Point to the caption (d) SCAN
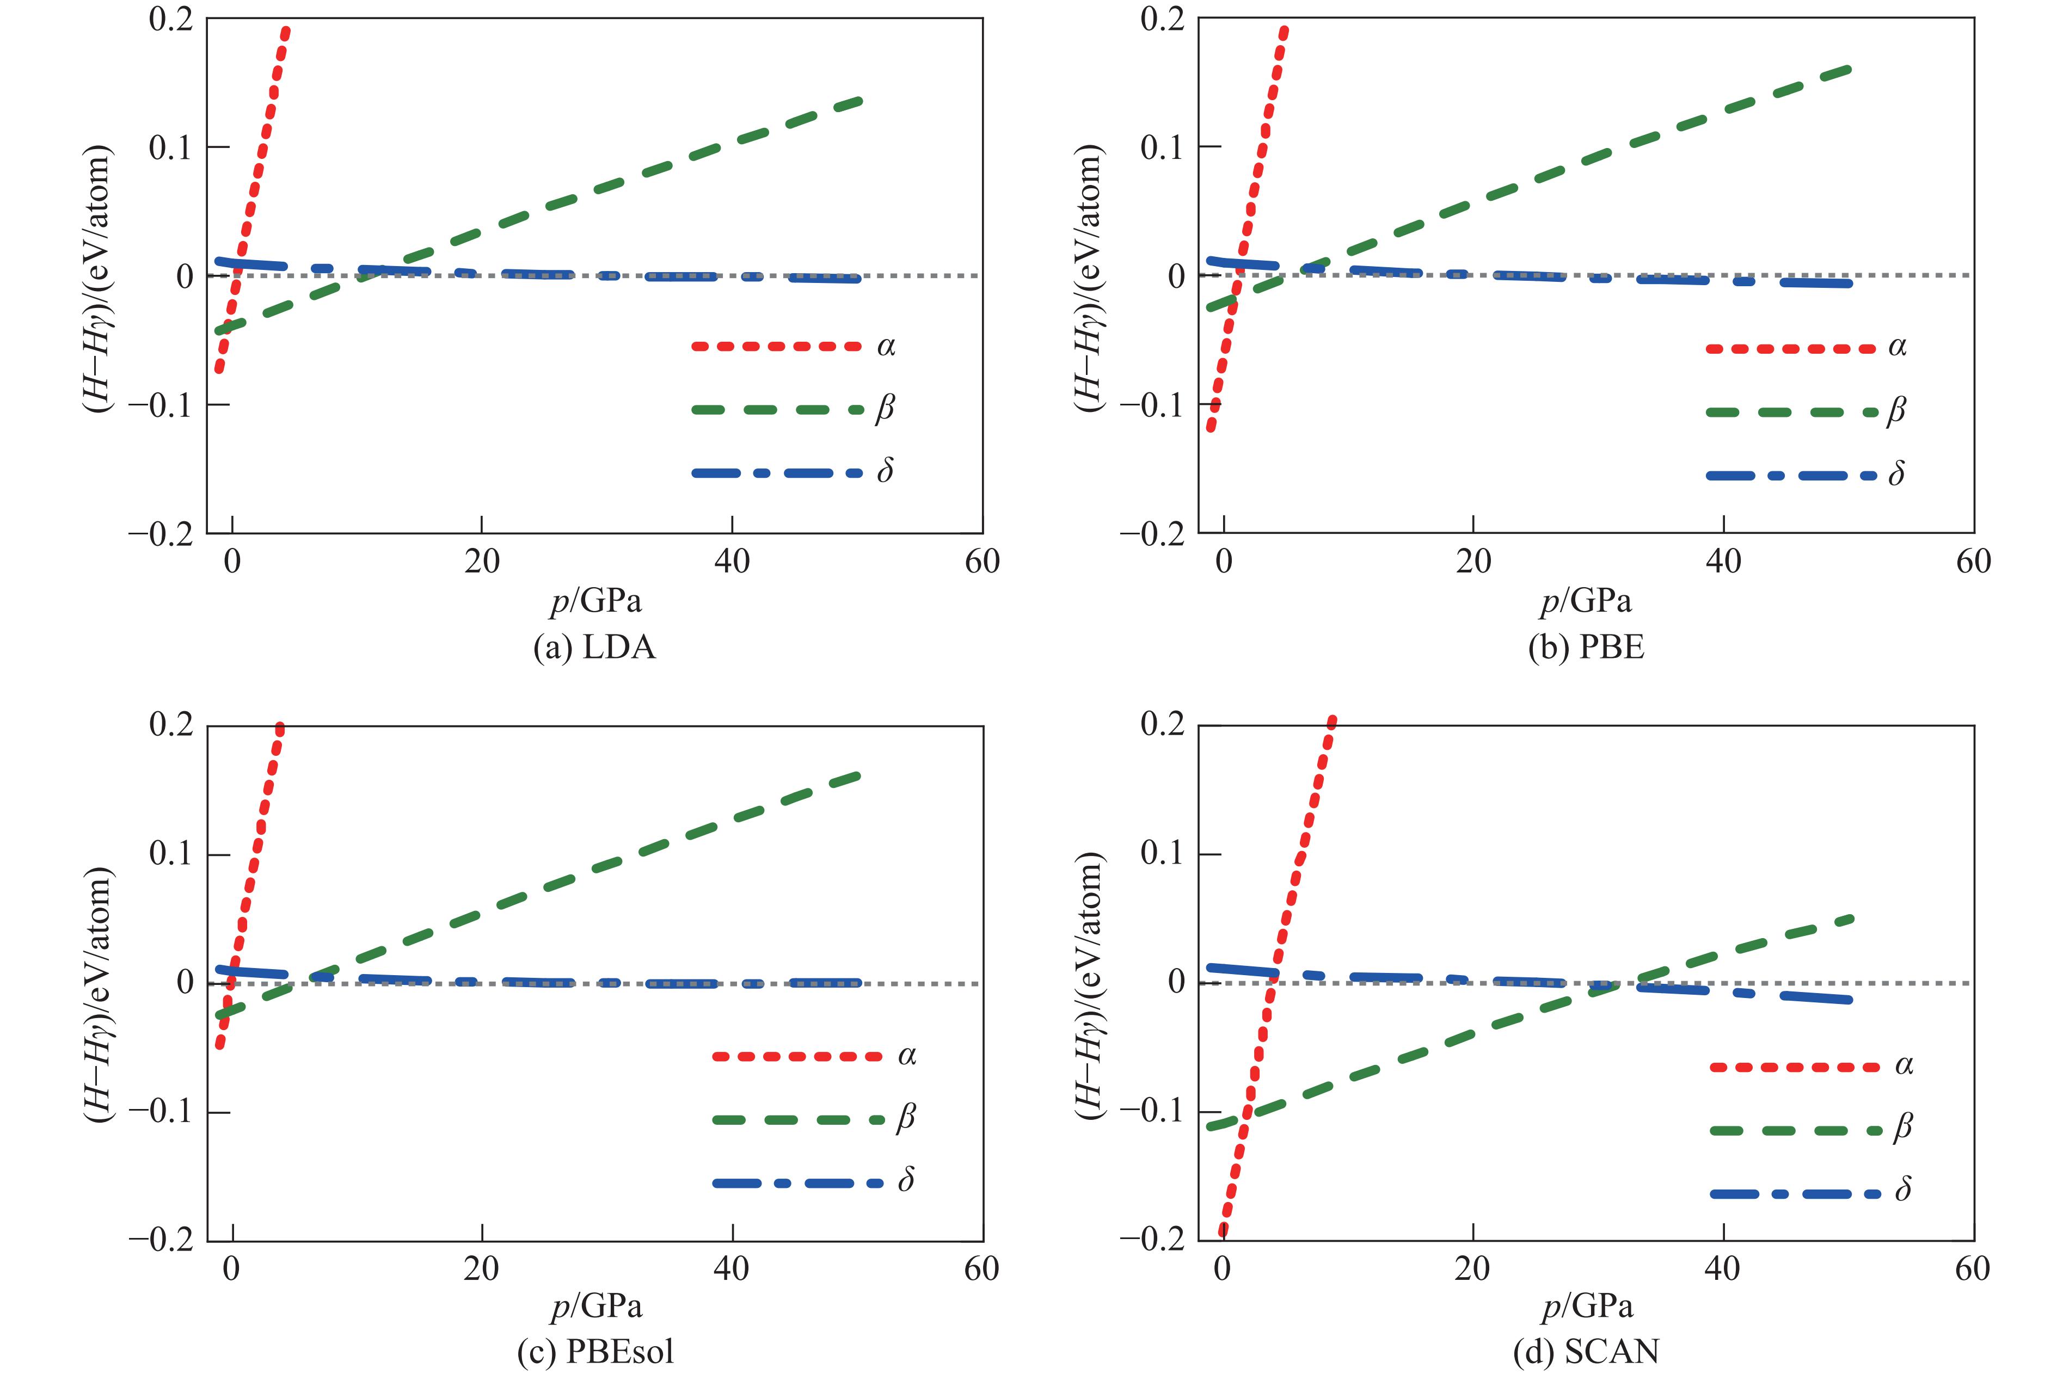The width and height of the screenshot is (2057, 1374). (x=1586, y=1352)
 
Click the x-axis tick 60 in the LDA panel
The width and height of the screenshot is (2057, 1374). (x=981, y=562)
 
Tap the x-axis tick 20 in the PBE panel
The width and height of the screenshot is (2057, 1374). (x=1473, y=562)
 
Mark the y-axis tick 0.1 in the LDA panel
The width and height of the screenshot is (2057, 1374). (x=171, y=147)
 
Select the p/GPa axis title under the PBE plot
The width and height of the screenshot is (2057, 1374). (x=1586, y=601)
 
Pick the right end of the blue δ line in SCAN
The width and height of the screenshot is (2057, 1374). (x=1849, y=1000)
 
